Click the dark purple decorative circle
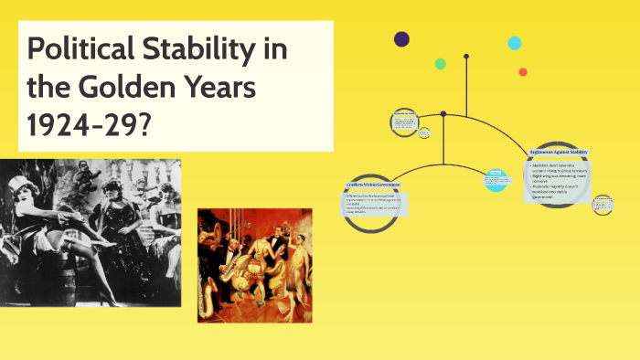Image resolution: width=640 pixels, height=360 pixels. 401,38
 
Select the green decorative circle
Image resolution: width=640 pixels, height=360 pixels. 440,64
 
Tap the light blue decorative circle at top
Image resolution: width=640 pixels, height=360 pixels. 515,43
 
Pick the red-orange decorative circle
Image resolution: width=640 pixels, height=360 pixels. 523,71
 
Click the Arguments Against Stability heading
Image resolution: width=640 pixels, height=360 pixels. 559,152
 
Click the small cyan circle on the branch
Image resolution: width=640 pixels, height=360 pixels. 496,179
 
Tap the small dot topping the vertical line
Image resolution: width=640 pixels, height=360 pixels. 466,57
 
